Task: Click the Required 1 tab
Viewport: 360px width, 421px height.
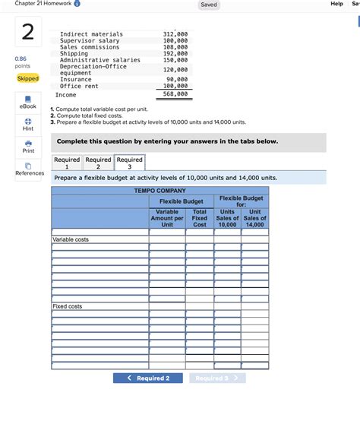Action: click(x=67, y=163)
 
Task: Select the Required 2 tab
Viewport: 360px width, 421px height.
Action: click(x=98, y=163)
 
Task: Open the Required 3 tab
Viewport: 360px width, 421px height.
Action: click(x=129, y=163)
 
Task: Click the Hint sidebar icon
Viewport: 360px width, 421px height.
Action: click(x=27, y=123)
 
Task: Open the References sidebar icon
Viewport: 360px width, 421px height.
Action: click(x=27, y=168)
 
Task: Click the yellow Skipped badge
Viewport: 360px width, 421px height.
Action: click(x=27, y=78)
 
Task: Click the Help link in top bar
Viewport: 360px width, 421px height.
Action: click(x=337, y=5)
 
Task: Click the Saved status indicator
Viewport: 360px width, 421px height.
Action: click(x=209, y=5)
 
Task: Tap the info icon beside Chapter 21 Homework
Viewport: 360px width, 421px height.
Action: click(x=78, y=5)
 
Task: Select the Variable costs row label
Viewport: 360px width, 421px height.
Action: click(x=71, y=239)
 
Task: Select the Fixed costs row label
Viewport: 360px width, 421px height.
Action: click(x=68, y=306)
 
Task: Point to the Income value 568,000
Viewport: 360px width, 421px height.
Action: click(x=175, y=95)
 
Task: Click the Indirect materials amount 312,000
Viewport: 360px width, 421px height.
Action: click(x=175, y=34)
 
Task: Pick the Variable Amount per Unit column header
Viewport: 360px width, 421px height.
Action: click(x=167, y=218)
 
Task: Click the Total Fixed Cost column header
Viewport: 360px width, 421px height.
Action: click(x=200, y=218)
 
